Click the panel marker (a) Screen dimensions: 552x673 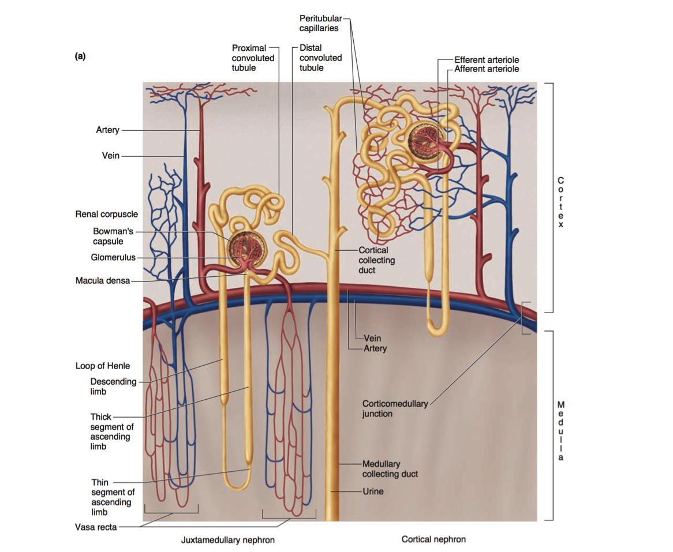[x=80, y=57]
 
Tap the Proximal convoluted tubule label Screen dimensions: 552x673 [x=253, y=58]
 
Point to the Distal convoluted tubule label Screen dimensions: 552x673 [x=320, y=58]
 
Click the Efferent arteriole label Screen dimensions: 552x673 [x=487, y=59]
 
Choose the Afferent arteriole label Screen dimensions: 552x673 [x=487, y=69]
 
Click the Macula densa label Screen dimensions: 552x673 [x=102, y=281]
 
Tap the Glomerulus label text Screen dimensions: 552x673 [x=113, y=257]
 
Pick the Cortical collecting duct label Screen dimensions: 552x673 [x=376, y=260]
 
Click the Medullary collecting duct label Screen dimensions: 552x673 [x=390, y=469]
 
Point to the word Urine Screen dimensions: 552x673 [x=373, y=491]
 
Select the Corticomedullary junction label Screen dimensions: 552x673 [x=395, y=408]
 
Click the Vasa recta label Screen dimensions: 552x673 [x=96, y=527]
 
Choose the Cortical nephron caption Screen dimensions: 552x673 [x=433, y=539]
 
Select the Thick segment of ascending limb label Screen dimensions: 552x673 [x=111, y=431]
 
